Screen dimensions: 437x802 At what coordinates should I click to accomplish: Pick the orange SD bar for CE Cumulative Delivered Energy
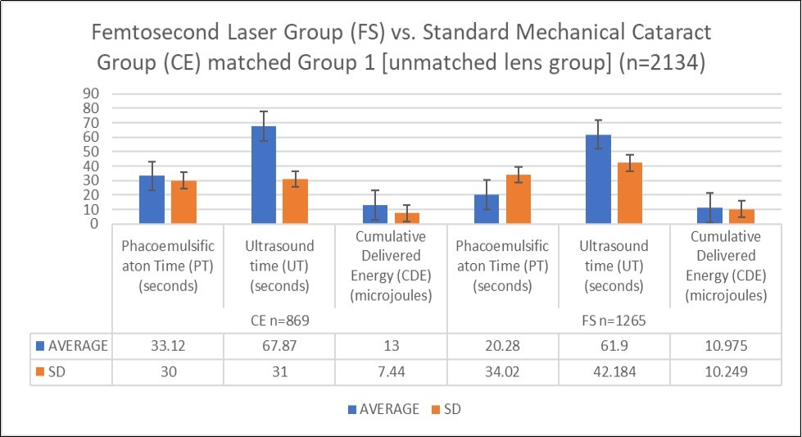click(x=407, y=217)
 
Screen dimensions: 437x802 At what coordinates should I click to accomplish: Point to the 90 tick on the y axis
click(x=92, y=93)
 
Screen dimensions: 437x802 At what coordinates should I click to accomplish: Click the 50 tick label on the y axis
click(x=92, y=151)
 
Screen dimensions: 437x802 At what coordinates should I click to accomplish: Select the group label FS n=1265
click(x=614, y=321)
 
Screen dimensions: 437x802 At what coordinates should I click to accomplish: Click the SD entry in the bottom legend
click(x=450, y=409)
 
